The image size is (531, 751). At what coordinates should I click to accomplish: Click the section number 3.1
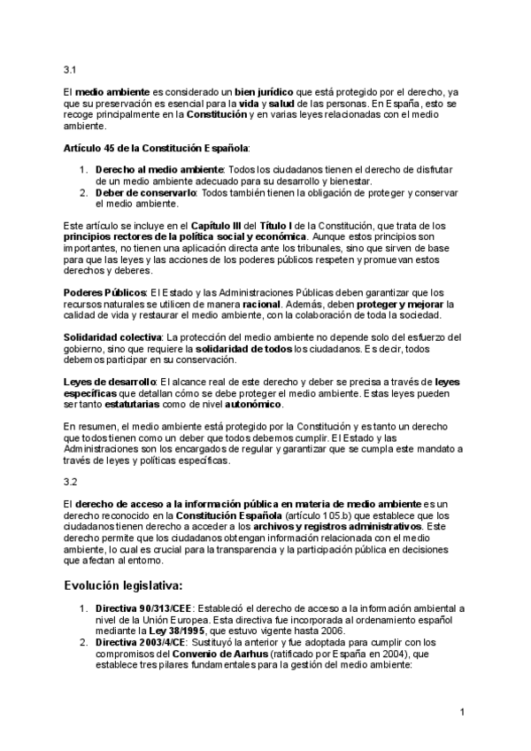click(x=71, y=69)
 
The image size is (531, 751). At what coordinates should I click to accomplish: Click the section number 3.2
click(x=71, y=482)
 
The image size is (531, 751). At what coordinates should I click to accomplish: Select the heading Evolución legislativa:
click(x=123, y=585)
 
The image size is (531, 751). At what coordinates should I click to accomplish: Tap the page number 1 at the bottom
click(x=462, y=712)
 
